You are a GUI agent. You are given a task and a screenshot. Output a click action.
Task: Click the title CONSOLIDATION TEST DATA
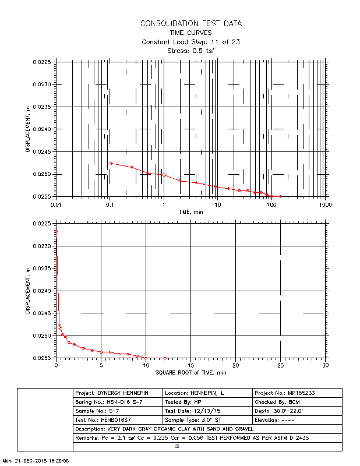[191, 23]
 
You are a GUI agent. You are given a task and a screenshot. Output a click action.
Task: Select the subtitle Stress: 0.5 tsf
[191, 51]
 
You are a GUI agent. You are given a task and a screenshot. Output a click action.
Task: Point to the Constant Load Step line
[191, 42]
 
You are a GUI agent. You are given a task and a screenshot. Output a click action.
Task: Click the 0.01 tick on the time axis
[56, 205]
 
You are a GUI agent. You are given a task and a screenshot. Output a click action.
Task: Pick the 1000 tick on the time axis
[324, 205]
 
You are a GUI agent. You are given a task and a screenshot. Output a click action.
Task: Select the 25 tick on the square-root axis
[281, 365]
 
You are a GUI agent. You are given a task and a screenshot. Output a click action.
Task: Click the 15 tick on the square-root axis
[191, 365]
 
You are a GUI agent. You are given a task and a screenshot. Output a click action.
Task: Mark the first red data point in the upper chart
[111, 163]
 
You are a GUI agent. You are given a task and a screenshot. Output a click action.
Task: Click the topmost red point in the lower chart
[56, 232]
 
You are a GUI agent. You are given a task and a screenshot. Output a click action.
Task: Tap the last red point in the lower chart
[165, 358]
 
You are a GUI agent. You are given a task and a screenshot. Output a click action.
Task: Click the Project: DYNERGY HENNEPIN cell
[118, 393]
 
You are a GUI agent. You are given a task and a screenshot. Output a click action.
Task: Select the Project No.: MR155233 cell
[297, 393]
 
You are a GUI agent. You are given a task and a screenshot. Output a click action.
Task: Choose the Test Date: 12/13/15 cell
[208, 411]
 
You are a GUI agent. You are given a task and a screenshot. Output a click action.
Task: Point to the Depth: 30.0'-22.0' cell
[297, 411]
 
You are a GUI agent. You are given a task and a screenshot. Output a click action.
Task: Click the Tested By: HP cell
[208, 402]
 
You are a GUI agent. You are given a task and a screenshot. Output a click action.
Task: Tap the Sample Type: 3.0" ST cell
[208, 419]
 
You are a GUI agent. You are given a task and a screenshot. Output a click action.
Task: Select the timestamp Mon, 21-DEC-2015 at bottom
[36, 460]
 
